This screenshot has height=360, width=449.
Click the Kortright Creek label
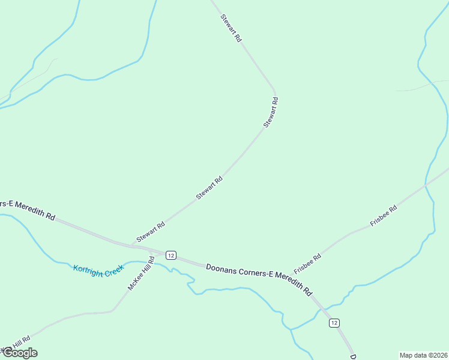tap(98, 269)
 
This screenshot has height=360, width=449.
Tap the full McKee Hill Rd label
tap(141, 274)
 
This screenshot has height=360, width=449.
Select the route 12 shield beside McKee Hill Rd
tap(171, 256)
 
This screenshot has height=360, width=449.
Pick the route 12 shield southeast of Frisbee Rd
tap(334, 323)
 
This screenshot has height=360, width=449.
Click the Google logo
tap(19, 353)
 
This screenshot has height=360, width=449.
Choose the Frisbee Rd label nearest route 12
tap(307, 264)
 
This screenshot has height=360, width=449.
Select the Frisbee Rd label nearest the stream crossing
tap(384, 216)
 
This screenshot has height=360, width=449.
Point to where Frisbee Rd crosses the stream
tap(426, 186)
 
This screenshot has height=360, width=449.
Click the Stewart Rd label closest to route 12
tap(150, 233)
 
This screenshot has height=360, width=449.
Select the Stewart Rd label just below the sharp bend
tap(271, 113)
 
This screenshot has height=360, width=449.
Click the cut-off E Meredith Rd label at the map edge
tap(28, 209)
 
